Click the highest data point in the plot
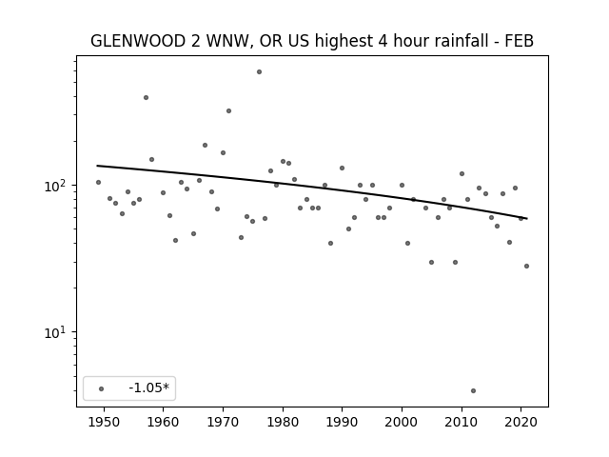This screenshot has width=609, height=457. (x=259, y=72)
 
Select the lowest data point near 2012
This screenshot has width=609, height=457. (x=473, y=391)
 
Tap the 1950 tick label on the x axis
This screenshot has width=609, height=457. (x=104, y=422)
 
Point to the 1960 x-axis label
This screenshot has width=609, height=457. (x=163, y=422)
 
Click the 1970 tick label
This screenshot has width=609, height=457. (x=223, y=422)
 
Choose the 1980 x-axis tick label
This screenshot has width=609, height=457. (x=283, y=422)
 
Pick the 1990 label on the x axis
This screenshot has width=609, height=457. (x=343, y=422)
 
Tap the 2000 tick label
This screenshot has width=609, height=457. (x=402, y=422)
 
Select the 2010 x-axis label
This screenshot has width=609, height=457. (x=462, y=422)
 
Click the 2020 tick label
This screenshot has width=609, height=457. (x=521, y=422)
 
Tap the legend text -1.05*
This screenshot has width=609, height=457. (x=148, y=387)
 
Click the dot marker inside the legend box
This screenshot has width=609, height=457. (x=102, y=388)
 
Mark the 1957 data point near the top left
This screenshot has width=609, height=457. (x=146, y=97)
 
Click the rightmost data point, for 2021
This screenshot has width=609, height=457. (x=526, y=267)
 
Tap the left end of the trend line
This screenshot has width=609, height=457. (x=97, y=166)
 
